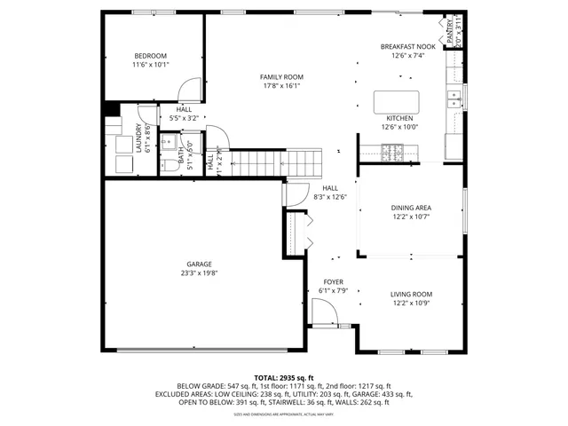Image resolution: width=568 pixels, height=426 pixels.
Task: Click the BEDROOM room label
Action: [150, 55]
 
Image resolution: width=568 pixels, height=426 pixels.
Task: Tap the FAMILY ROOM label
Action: [280, 77]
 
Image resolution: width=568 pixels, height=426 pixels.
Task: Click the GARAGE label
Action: [199, 264]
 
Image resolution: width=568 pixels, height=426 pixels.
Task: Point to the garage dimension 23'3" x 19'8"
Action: [199, 273]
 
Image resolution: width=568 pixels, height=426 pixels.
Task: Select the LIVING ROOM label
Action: [411, 294]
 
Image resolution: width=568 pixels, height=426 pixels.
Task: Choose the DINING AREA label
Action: [411, 208]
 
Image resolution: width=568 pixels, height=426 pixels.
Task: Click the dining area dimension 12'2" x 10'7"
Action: [411, 217]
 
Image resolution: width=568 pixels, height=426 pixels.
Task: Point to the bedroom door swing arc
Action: [188, 89]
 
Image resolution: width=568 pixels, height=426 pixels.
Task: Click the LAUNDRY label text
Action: [138, 138]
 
